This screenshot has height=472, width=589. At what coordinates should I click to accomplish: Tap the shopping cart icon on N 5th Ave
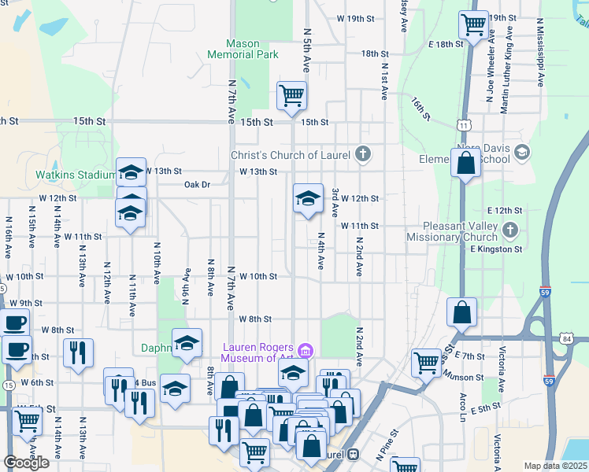pos(291,95)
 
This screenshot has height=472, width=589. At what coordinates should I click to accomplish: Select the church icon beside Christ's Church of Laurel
pos(362,154)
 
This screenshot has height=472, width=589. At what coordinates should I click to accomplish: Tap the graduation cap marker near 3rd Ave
pos(308,198)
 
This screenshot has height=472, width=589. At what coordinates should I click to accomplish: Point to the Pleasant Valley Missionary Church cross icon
pos(510,230)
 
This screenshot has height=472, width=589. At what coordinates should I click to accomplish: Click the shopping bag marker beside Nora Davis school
pos(466,163)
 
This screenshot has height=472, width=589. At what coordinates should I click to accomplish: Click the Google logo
pos(26,463)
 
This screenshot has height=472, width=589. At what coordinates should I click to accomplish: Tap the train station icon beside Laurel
pos(354,454)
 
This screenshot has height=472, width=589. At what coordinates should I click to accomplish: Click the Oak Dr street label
pos(197,185)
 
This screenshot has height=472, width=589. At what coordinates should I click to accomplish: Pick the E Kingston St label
pos(497,249)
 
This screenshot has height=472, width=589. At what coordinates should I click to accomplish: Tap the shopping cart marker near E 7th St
pos(427,363)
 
